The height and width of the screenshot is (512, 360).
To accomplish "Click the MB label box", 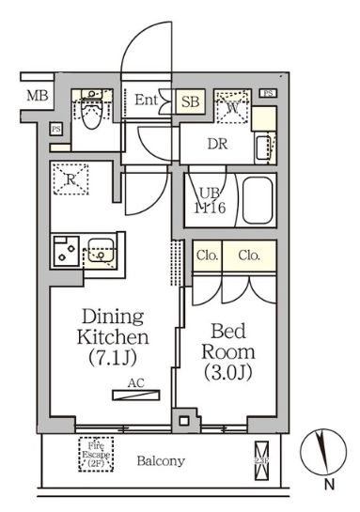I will click(36, 96).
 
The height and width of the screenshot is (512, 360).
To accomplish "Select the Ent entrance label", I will click(146, 100).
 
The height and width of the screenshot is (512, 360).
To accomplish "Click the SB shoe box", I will click(188, 101).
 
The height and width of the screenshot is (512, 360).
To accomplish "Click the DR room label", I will click(218, 143).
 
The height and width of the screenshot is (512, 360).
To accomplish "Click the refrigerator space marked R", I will click(70, 178).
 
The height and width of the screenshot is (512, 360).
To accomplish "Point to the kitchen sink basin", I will click(101, 252).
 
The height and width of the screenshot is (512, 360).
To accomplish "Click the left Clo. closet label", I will click(207, 255).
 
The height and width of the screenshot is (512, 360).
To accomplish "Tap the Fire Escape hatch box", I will click(94, 455).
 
